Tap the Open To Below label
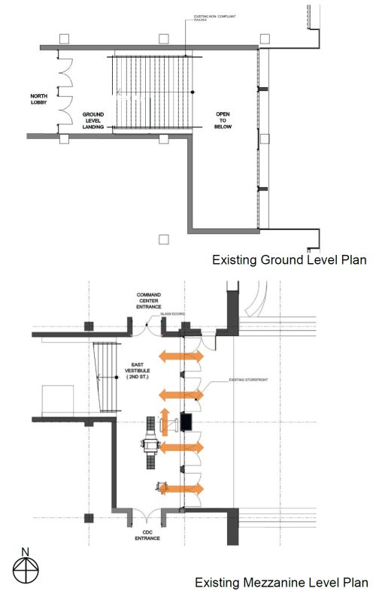pyautogui.click(x=223, y=119)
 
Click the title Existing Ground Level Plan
pyautogui.click(x=289, y=260)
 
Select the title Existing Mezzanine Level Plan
pyautogui.click(x=281, y=583)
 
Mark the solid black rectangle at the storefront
pyautogui.click(x=186, y=423)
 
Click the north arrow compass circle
pyautogui.click(x=25, y=571)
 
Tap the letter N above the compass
pyautogui.click(x=25, y=552)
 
